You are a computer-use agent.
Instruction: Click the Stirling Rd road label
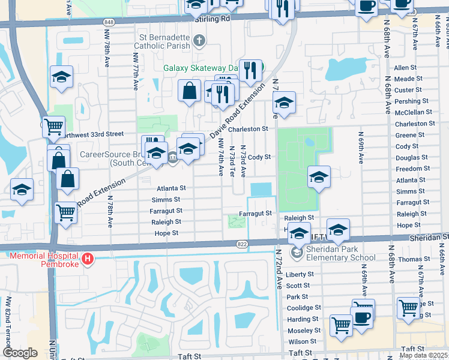pyautogui.click(x=212, y=19)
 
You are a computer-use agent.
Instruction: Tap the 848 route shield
pyautogui.click(x=108, y=22)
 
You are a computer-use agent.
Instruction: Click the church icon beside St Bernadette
pyautogui.click(x=200, y=41)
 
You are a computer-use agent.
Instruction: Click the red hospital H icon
pyautogui.click(x=88, y=259)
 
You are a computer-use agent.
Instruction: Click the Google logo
pyautogui.click(x=20, y=353)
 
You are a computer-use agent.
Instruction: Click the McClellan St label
pyautogui.click(x=413, y=112)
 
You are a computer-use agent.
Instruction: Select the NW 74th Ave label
pyautogui.click(x=221, y=156)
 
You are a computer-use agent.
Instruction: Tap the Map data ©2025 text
pyautogui.click(x=423, y=356)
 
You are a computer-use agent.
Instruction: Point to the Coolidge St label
pyautogui.click(x=303, y=308)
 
